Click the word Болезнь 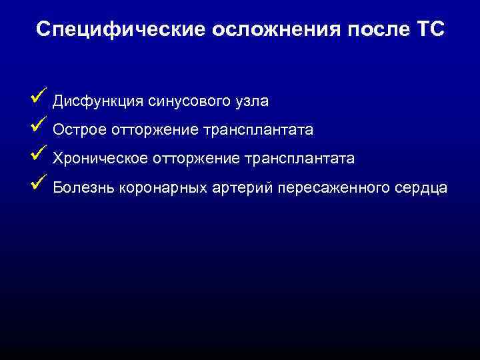pyautogui.click(x=83, y=189)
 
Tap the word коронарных pyautogui.click(x=155, y=189)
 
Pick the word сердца pyautogui.click(x=422, y=189)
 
